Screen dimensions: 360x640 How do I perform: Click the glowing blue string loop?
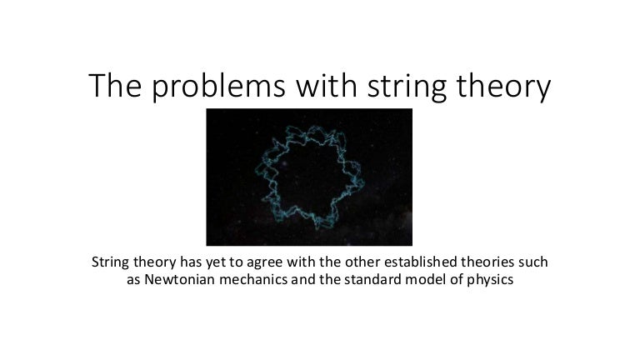[x=270, y=147]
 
